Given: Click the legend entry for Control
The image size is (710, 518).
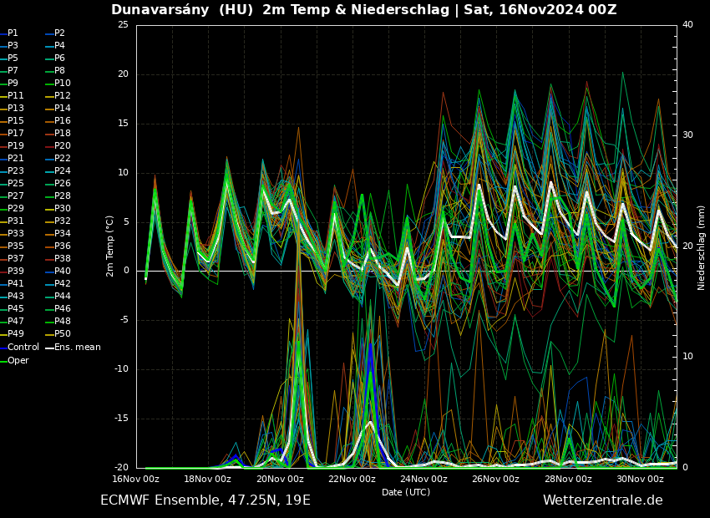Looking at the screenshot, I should click(x=23, y=347).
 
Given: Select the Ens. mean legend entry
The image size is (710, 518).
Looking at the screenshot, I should click(x=77, y=347).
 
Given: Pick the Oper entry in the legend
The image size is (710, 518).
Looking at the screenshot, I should click(x=18, y=360).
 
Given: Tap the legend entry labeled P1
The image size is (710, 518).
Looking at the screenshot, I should click(x=13, y=33).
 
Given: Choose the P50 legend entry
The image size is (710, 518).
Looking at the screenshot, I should click(x=62, y=333).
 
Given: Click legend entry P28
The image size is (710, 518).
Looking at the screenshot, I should click(x=62, y=196).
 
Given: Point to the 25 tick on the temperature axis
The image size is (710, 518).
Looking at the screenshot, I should click(x=123, y=24).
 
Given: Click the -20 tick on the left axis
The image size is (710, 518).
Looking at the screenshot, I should click(x=121, y=468).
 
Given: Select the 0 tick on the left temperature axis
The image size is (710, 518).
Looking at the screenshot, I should click(x=126, y=271).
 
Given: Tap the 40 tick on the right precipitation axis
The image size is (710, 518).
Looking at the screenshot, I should click(x=687, y=24).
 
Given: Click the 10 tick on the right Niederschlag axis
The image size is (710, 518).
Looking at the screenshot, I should click(x=687, y=357).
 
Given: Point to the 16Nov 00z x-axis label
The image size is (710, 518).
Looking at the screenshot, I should click(x=135, y=480).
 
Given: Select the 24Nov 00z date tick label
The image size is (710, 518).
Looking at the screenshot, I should click(x=423, y=480).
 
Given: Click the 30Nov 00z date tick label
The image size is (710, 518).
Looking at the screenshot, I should click(x=640, y=480).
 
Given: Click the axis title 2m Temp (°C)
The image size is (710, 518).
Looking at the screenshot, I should click(x=109, y=246).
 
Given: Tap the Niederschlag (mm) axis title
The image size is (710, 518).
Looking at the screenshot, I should click(x=702, y=247).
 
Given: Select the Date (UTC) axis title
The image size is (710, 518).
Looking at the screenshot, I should click(x=406, y=492).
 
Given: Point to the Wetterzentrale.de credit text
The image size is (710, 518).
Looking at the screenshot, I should click(x=602, y=500).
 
